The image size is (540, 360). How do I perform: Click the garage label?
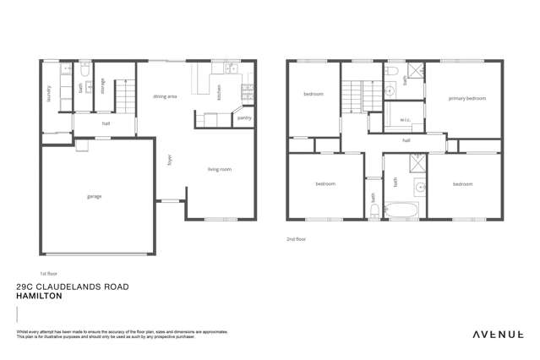click(94, 196)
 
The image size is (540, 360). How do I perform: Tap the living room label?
click(220, 170)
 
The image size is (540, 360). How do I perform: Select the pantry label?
click(244, 117)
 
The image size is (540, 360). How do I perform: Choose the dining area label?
click(165, 97)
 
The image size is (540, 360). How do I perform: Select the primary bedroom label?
click(467, 99)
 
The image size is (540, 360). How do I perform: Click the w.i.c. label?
click(405, 118)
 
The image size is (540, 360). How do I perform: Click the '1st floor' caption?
click(48, 274)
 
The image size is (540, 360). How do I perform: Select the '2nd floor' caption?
click(296, 239)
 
